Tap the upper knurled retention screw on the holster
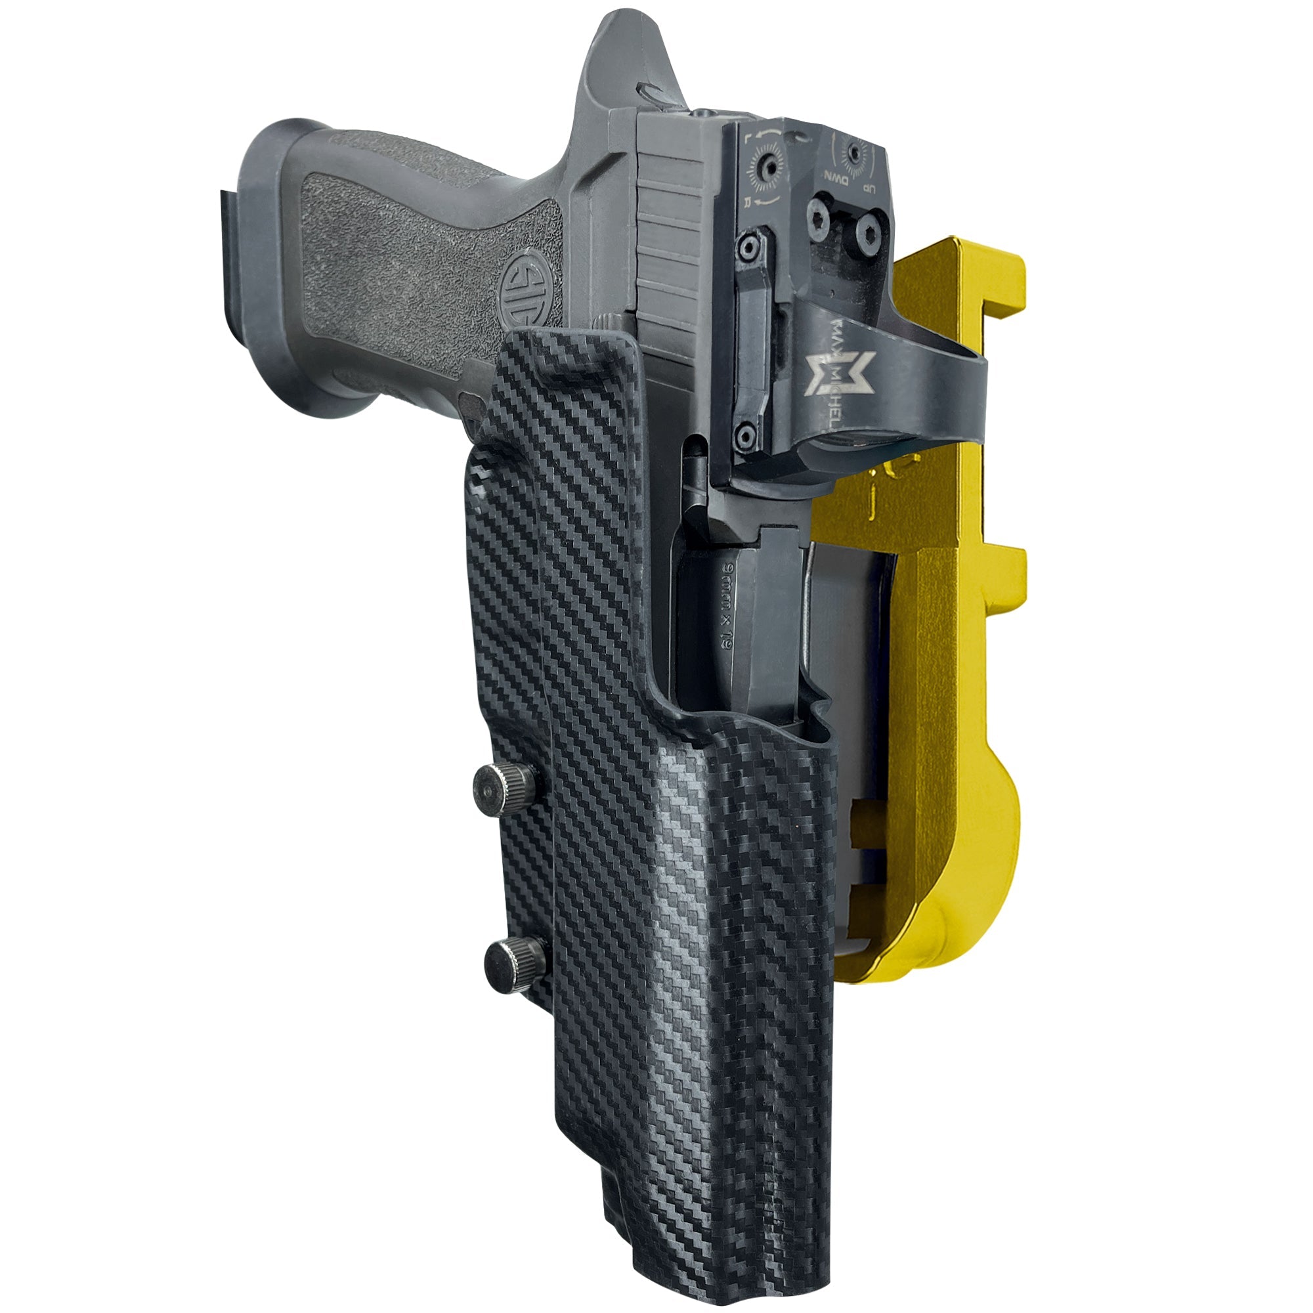point(496,786)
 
